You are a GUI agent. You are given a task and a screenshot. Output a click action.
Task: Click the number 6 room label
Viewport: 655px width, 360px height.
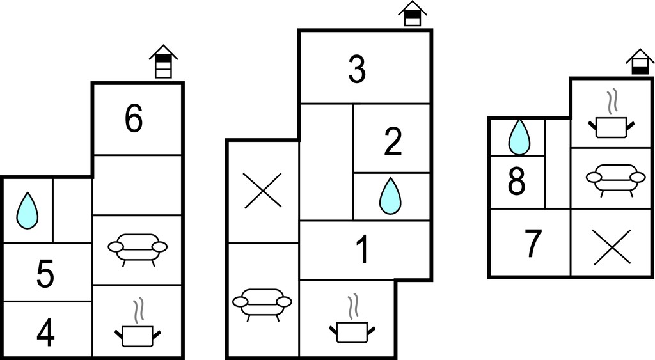[x=134, y=119]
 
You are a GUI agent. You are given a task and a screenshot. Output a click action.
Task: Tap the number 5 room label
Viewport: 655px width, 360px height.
[x=45, y=274]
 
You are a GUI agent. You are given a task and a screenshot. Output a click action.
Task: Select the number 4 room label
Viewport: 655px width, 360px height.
[x=45, y=333]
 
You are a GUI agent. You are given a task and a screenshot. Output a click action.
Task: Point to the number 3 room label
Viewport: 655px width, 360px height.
[x=357, y=69]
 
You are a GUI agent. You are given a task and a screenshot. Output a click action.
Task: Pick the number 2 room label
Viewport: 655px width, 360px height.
[x=393, y=142]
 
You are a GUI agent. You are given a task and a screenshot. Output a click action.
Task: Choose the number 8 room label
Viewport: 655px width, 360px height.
[x=517, y=182]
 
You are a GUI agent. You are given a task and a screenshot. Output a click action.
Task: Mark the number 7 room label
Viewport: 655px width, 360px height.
[x=533, y=244]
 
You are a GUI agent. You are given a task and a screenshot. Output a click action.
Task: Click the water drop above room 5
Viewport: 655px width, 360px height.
[x=27, y=210]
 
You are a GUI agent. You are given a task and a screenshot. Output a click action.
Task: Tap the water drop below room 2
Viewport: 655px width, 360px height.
[x=390, y=196]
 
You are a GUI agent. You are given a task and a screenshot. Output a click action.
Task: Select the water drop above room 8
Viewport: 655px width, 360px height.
[x=519, y=137]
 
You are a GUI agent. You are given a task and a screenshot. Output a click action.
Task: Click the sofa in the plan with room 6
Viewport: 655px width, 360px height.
[x=138, y=249]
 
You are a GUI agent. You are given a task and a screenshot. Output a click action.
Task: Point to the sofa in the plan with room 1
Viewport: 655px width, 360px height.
[x=262, y=304]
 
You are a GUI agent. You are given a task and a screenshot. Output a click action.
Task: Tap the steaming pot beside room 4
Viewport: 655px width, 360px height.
[x=138, y=323]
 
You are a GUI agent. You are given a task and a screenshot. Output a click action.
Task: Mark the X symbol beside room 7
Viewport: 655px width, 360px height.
[x=612, y=247]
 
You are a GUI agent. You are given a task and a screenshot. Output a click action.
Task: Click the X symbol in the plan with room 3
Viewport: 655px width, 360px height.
[x=263, y=191]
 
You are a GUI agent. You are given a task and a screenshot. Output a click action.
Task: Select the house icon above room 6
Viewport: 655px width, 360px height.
[x=163, y=61]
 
